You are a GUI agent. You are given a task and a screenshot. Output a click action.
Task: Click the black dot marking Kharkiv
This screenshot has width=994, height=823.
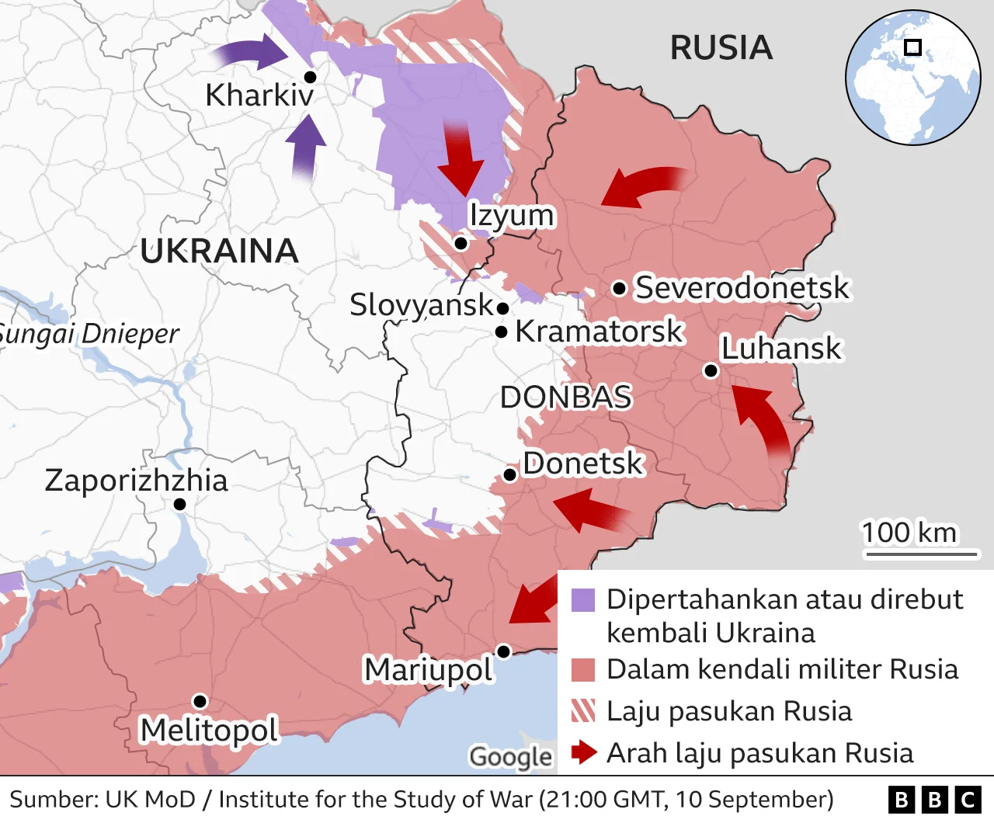(310, 76)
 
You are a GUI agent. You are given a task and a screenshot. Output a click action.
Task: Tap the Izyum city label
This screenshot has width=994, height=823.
(512, 215)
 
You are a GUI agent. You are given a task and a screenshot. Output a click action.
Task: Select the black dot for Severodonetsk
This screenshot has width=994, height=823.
(619, 289)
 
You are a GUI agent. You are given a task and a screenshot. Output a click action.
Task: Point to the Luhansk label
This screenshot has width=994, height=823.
(780, 349)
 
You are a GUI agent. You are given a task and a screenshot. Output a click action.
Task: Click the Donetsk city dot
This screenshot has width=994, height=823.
(509, 474)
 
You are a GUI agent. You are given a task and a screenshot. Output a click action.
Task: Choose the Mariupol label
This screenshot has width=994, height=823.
(429, 669)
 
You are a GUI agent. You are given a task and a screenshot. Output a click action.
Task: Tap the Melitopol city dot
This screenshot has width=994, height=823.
(200, 701)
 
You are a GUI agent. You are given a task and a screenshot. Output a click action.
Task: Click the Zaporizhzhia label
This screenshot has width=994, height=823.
(136, 481)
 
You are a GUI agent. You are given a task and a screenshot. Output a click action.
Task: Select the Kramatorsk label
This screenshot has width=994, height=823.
(599, 332)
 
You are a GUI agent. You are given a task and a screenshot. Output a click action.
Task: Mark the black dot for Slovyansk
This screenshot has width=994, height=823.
(502, 308)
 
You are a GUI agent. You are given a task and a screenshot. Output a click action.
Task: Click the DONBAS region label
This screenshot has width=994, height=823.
(565, 398)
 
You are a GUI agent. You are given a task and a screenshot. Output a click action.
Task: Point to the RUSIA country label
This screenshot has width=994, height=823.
(721, 48)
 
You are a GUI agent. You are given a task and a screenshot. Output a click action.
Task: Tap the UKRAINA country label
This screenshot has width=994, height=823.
(219, 252)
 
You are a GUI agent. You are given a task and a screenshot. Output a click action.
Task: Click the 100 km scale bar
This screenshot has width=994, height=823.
(921, 554)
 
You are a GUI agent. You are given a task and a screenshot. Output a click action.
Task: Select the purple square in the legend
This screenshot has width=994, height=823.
(583, 600)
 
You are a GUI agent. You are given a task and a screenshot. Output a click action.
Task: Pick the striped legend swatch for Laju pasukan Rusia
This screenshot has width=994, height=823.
(583, 710)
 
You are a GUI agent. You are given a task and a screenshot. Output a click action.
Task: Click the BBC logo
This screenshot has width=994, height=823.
(934, 800)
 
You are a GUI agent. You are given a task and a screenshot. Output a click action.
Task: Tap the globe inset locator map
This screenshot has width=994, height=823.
(912, 77)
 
